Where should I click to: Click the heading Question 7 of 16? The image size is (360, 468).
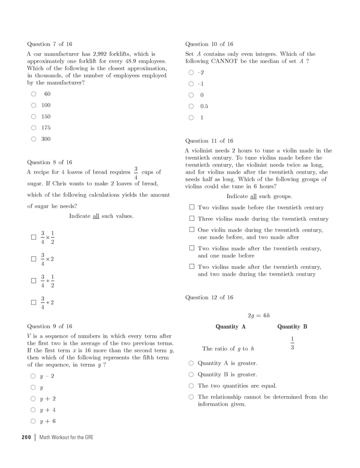(x=49, y=44)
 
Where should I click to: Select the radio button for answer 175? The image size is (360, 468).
(x=34, y=128)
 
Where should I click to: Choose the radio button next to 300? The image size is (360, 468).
(x=34, y=139)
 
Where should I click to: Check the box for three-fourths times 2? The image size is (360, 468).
(x=33, y=259)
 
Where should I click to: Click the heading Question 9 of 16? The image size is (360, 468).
(x=49, y=326)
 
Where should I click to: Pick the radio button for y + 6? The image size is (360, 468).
(x=33, y=421)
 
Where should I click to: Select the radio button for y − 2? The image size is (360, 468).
(x=33, y=376)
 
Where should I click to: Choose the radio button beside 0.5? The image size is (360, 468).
(x=191, y=106)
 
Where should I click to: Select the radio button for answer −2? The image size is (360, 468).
(x=191, y=73)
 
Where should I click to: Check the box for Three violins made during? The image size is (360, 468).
(x=192, y=218)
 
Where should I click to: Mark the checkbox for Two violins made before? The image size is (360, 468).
(x=192, y=207)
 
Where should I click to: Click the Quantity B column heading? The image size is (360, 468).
(x=292, y=327)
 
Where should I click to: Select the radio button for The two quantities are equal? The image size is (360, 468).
(x=191, y=386)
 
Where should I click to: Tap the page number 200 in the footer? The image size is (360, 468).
(x=26, y=437)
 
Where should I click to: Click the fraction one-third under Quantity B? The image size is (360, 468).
(x=292, y=343)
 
